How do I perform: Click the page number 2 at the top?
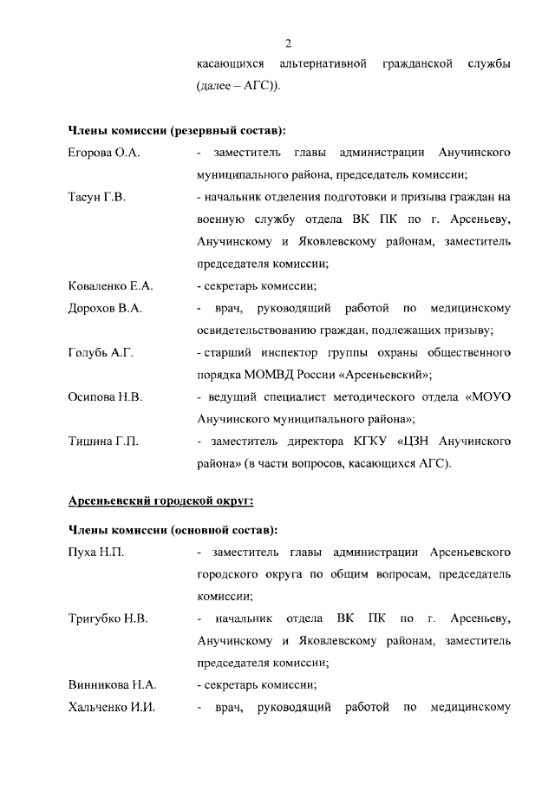288,43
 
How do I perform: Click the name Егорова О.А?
104,153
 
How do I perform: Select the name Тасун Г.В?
97,198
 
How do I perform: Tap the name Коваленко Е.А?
110,285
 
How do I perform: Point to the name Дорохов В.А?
105,308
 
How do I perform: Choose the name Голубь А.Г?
101,352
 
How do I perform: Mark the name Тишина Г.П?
103,442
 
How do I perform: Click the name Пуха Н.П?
95,552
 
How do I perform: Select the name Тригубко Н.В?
108,618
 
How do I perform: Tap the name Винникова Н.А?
112,685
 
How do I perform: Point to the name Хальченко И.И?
111,708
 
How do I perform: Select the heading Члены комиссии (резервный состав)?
176,130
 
